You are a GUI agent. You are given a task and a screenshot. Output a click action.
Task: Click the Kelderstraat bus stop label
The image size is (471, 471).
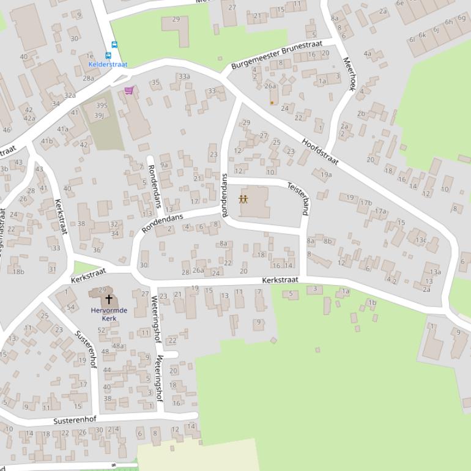pyautogui.click(x=108, y=64)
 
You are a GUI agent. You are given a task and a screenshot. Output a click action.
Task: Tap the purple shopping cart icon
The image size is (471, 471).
pyautogui.click(x=128, y=91)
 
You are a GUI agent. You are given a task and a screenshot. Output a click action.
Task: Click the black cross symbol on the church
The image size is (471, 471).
pyautogui.click(x=109, y=299)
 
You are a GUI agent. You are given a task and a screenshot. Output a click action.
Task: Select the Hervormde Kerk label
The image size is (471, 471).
pyautogui.click(x=109, y=314)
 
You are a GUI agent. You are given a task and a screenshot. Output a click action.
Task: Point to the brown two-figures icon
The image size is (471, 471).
pyautogui.click(x=243, y=199)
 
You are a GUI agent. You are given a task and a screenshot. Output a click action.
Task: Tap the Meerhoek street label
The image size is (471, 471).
pyautogui.click(x=349, y=74)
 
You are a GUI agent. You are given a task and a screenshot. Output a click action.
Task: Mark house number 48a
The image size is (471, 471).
pyautogui.click(x=117, y=346)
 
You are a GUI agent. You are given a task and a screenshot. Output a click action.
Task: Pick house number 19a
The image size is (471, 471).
pyautogui.click(x=326, y=174)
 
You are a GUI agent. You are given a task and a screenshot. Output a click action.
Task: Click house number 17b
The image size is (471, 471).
pyautogui.click(x=366, y=202)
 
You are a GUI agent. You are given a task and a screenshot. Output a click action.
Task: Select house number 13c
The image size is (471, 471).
pyautogui.click(x=421, y=240)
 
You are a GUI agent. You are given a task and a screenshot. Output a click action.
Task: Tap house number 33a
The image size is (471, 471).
pyautogui.click(x=184, y=76)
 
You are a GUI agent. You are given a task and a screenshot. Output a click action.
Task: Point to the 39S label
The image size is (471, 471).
pyautogui.click(x=101, y=106)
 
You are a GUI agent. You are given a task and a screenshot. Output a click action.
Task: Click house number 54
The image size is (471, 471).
pyautogui.click(x=70, y=307)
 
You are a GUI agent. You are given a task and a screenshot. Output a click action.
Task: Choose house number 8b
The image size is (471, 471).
pyautogui.click(x=328, y=241)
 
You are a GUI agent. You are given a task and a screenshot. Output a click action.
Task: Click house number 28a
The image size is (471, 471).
pyautogui.click(x=89, y=78)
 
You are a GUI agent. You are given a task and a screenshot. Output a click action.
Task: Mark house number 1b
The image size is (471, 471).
pyautogui.click(x=372, y=302)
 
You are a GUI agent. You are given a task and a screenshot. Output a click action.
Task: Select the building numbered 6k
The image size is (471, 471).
pyautogui.click(x=422, y=35)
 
